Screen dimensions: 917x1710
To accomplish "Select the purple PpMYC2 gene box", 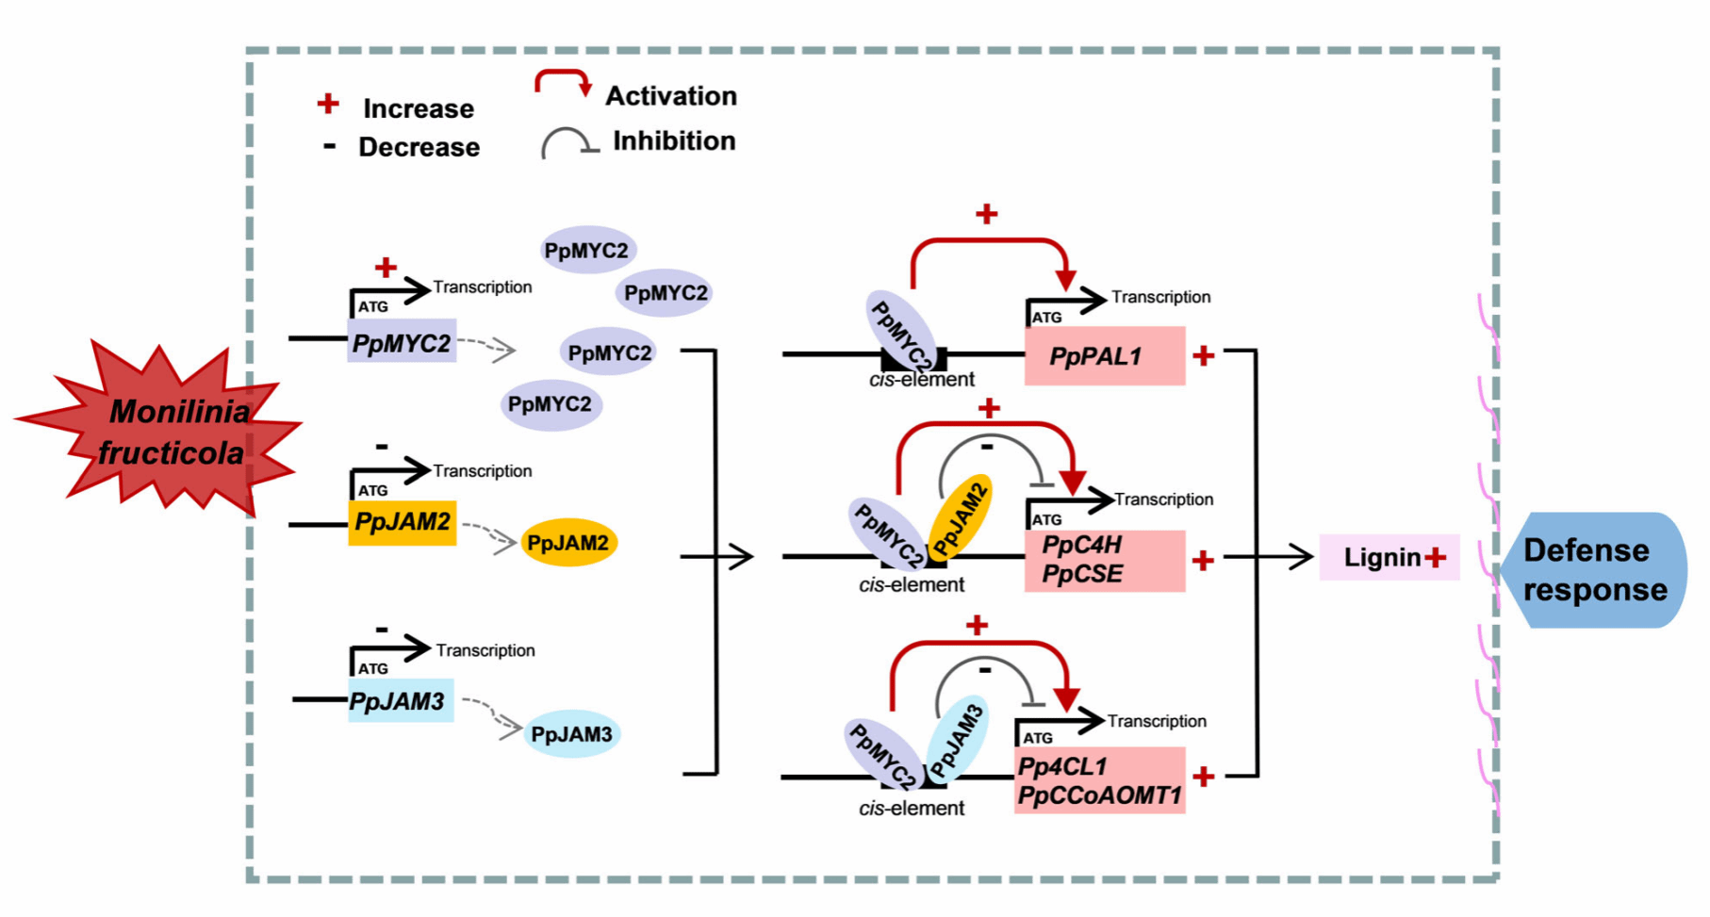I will point(402,342).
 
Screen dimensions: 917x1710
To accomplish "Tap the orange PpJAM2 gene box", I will point(402,522).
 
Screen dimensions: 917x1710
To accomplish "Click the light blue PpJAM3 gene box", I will point(400,701).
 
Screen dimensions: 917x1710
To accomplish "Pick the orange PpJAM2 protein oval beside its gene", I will point(568,543).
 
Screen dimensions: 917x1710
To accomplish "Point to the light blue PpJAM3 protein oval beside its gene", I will point(571,734).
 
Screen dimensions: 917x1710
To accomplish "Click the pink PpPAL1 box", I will point(1104,356).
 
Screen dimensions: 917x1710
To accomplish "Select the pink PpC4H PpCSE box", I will point(1104,560).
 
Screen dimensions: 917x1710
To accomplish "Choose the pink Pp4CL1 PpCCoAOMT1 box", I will point(1099,780).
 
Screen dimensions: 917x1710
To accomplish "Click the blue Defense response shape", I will point(1593,569).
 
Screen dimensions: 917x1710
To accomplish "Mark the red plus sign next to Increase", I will point(328,104).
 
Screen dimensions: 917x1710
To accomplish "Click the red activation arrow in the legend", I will point(564,81).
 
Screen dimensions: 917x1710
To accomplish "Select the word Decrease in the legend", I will point(419,148).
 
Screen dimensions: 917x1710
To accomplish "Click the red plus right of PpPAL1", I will point(1203,356).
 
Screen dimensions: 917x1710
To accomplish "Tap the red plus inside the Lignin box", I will point(1436,557).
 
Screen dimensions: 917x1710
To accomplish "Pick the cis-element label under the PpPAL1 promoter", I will point(921,380).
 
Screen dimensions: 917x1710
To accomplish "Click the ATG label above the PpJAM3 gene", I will point(372,668).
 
